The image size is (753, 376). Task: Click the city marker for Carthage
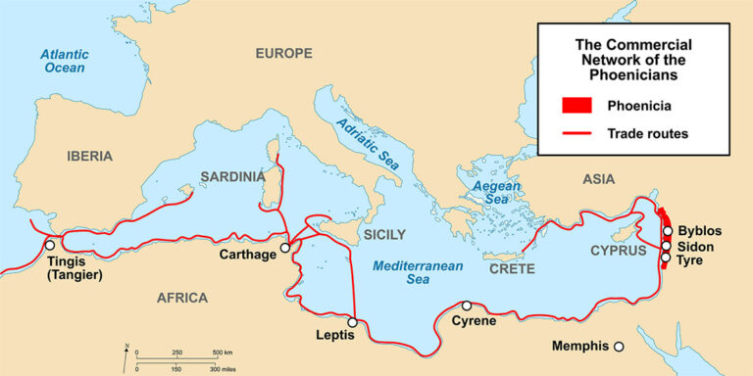285,248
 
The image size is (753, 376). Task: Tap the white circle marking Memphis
619,346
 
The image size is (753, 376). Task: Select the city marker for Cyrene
467,305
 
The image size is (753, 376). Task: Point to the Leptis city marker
352,321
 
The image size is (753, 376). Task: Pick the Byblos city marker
667,232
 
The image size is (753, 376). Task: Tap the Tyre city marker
667,258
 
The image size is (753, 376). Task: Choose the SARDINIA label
232,176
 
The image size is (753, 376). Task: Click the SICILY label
383,234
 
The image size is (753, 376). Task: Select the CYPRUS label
619,251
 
